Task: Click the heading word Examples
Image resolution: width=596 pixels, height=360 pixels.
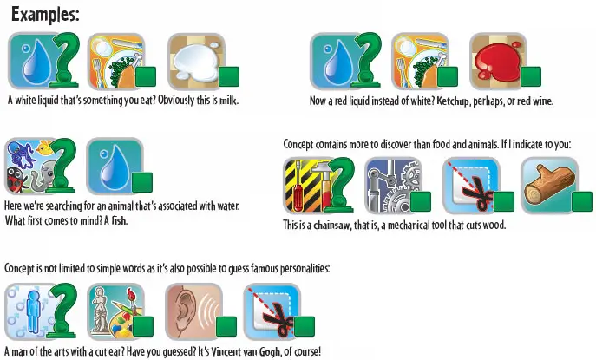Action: click(x=45, y=15)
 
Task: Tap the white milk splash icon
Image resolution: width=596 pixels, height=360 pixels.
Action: click(x=197, y=62)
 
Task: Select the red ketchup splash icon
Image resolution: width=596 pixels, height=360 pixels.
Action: click(x=498, y=61)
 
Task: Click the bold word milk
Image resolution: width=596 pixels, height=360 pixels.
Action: click(x=228, y=101)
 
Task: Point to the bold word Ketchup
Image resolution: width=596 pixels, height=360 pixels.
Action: click(x=453, y=101)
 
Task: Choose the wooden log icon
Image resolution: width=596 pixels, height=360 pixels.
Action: click(x=550, y=186)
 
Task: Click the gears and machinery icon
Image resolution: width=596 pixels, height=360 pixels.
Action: click(x=393, y=186)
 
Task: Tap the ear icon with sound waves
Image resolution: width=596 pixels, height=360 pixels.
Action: click(x=193, y=311)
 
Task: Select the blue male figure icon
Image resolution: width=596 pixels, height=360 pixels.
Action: click(x=33, y=311)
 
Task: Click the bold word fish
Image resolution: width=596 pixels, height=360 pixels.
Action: click(x=119, y=220)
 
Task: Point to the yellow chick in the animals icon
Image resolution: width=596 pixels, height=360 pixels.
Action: click(x=45, y=147)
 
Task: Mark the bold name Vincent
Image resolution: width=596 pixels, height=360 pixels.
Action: click(x=225, y=351)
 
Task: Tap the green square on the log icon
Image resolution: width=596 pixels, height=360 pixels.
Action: click(x=582, y=201)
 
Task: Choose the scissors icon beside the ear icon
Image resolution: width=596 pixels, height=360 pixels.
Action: click(x=272, y=311)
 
